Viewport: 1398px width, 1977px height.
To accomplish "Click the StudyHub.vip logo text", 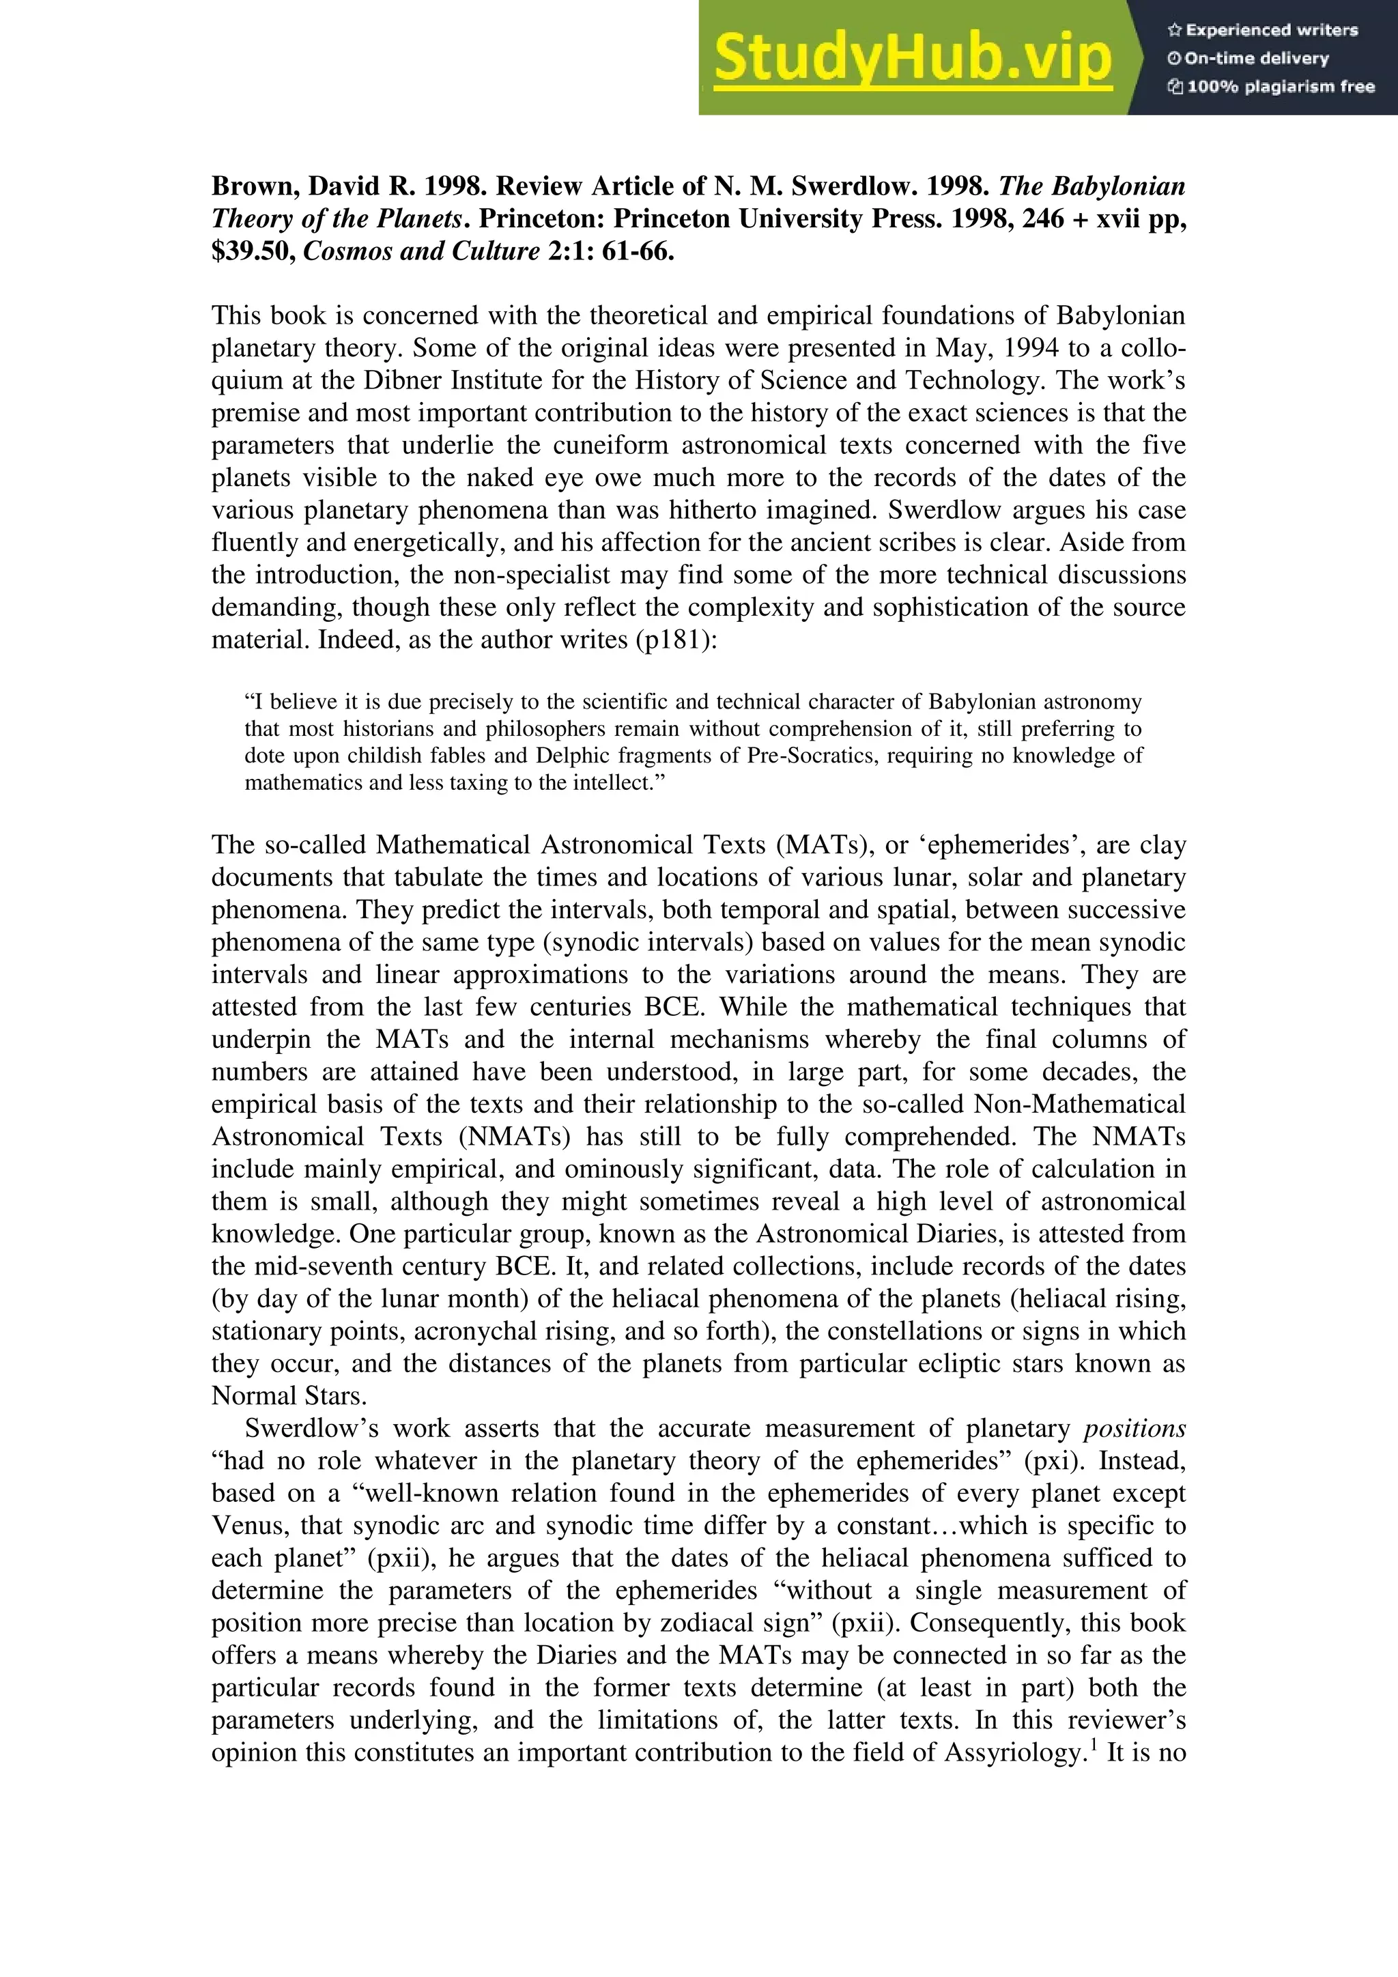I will [x=913, y=59].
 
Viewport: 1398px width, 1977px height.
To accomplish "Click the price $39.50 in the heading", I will [x=253, y=251].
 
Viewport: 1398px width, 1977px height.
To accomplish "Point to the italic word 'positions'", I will [x=1134, y=1429].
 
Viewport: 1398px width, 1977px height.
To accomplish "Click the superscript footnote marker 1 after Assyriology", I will [x=1094, y=1746].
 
